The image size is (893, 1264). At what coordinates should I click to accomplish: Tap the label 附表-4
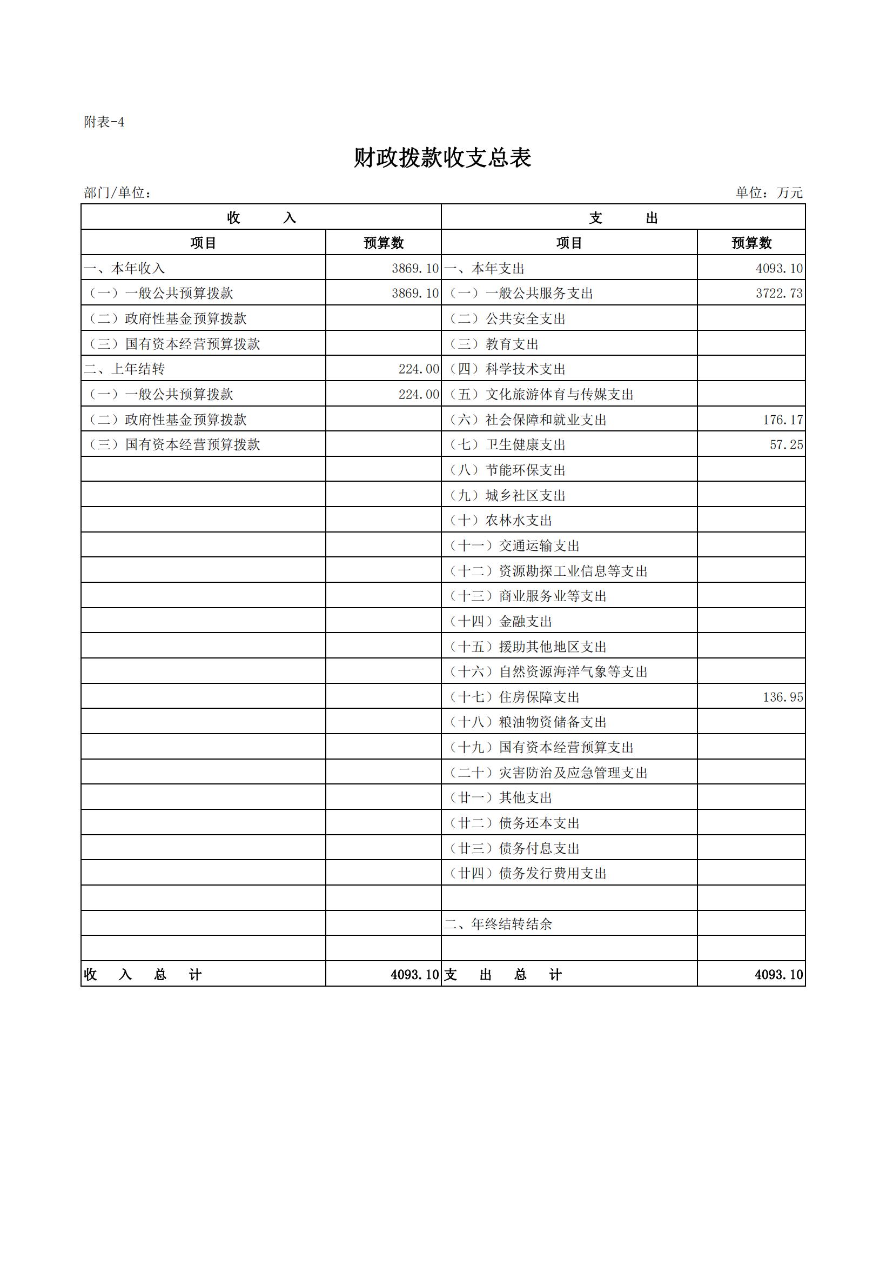click(104, 122)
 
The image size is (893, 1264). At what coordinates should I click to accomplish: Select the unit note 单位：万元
click(769, 192)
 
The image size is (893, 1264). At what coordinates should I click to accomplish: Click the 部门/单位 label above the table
click(117, 192)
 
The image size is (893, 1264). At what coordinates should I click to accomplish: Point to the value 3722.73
click(778, 294)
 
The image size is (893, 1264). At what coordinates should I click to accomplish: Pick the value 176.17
click(782, 420)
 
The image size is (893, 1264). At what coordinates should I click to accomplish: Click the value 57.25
click(785, 445)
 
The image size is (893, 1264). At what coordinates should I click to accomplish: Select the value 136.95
click(782, 697)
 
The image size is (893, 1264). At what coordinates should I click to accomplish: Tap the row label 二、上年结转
click(124, 369)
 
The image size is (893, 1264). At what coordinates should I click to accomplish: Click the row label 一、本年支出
click(484, 269)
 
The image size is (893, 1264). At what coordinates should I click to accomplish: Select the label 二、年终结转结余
click(498, 924)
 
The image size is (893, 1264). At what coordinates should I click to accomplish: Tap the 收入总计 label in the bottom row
click(143, 975)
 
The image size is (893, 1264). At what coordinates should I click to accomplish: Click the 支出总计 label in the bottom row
click(502, 975)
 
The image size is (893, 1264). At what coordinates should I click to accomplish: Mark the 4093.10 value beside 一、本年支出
click(778, 269)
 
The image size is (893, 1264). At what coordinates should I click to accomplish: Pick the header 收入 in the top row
click(261, 218)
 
